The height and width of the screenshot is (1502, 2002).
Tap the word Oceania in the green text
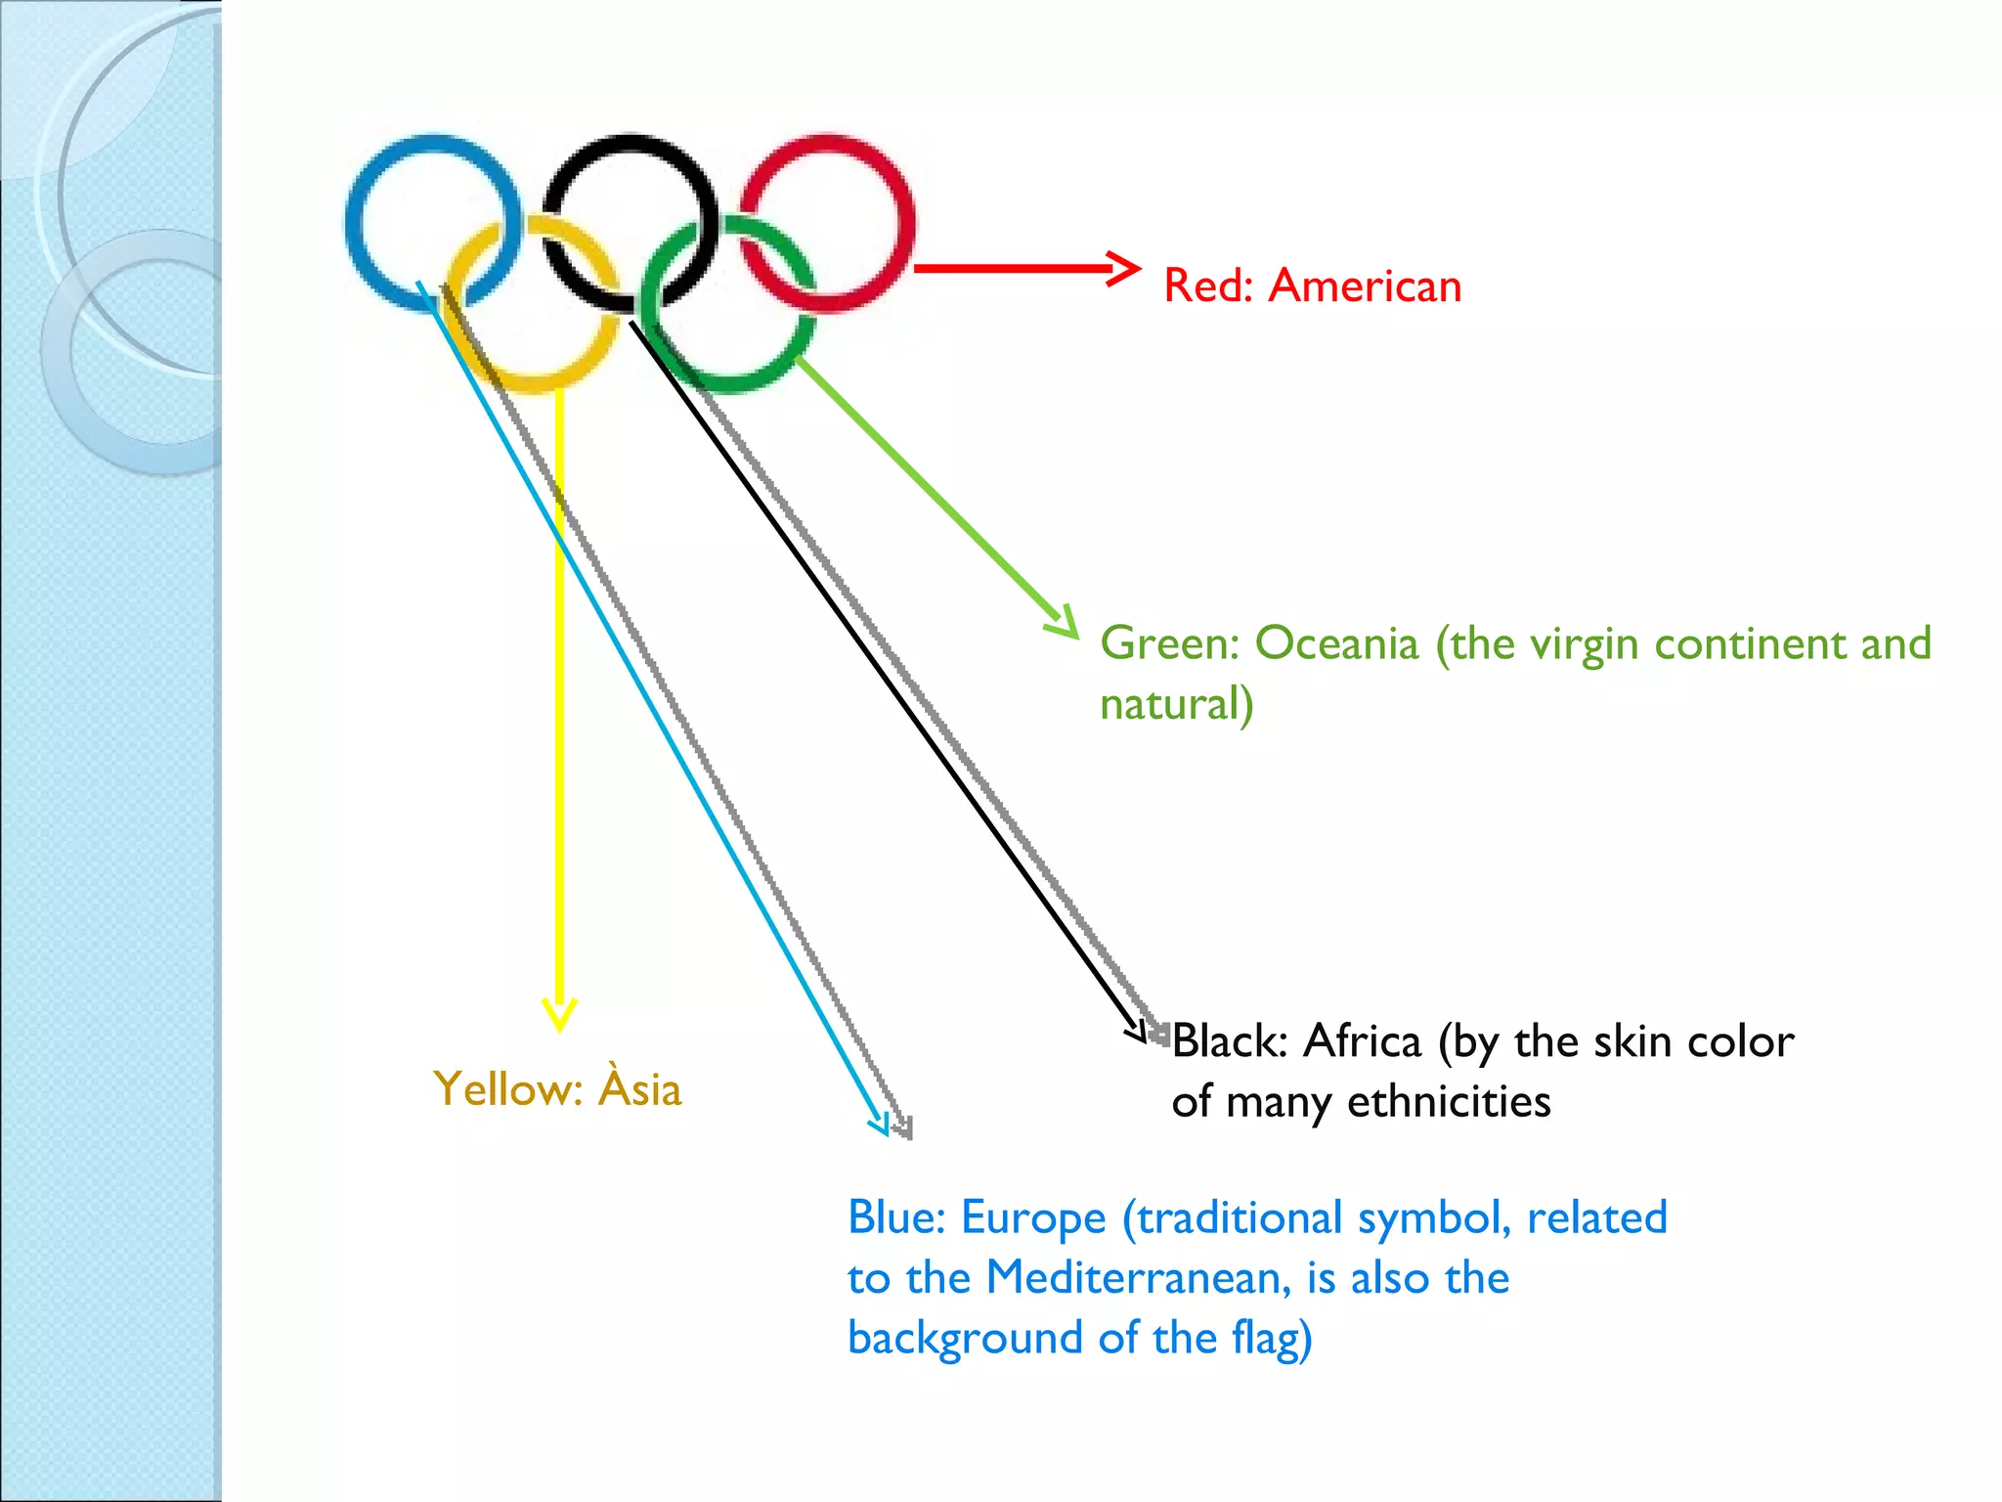(1336, 644)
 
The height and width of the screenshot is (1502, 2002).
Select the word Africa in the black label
(1362, 1041)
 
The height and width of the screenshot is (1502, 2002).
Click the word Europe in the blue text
(1033, 1218)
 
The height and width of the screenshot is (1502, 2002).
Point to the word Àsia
(640, 1088)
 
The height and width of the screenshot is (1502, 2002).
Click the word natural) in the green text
(1176, 704)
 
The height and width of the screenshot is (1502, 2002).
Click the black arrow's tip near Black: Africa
(1138, 1035)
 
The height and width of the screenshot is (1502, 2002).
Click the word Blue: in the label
(896, 1218)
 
